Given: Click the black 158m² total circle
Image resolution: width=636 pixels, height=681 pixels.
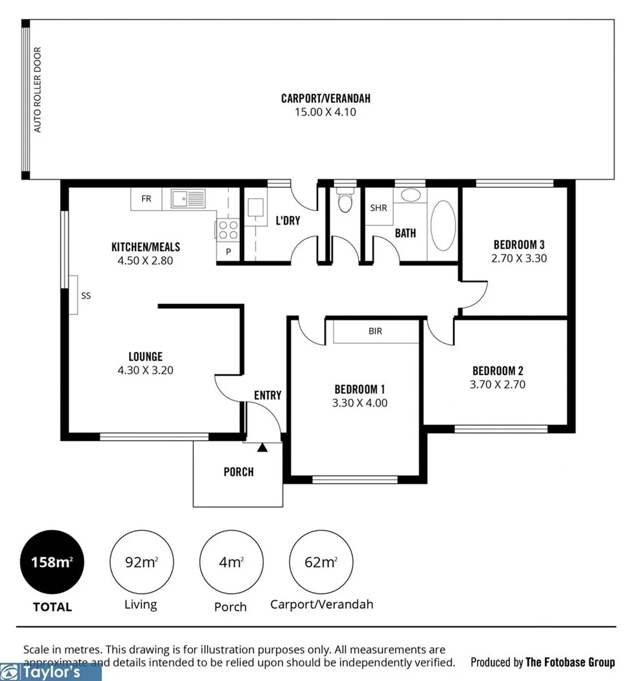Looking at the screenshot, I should [52, 562].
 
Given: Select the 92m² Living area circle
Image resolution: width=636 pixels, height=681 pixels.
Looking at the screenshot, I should [141, 562].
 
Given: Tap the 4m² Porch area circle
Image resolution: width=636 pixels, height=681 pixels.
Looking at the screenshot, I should [231, 562].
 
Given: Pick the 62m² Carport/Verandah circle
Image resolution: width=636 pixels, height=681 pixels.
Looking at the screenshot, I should [321, 562].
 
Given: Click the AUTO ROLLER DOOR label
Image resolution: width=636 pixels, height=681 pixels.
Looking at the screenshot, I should [38, 90].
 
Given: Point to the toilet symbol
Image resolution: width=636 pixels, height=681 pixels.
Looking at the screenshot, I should [344, 202].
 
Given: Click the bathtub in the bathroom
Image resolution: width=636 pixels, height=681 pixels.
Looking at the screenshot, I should [442, 226].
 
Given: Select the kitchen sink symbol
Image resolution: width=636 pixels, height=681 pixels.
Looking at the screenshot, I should [188, 199].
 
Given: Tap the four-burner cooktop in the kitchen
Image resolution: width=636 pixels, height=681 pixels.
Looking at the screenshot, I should [228, 229].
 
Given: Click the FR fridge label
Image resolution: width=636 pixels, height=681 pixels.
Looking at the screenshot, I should [146, 199].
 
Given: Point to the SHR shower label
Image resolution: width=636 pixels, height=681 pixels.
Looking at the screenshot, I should [379, 207].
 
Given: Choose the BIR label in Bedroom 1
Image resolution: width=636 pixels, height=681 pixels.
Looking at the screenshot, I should [375, 331].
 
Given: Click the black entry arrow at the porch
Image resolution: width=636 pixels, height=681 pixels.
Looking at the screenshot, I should [262, 447].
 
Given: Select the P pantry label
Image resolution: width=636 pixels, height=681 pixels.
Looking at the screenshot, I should [228, 252].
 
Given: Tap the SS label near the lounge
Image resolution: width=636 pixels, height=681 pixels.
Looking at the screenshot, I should [86, 294].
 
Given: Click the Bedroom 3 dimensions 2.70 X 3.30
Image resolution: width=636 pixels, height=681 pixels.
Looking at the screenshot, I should [519, 258].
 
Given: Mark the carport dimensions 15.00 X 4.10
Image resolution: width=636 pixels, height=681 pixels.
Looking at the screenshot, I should [326, 112].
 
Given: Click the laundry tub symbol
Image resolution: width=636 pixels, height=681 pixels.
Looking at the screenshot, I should [256, 208].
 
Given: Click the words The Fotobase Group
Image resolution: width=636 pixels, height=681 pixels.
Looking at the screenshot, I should [570, 662].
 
